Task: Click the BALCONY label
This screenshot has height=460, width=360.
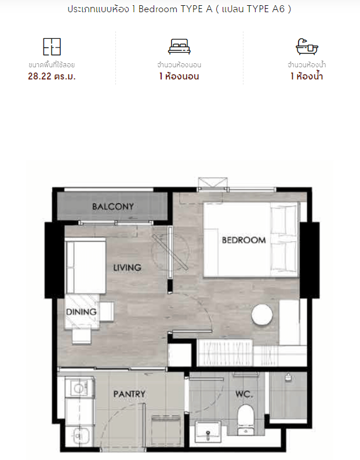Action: pyautogui.click(x=113, y=207)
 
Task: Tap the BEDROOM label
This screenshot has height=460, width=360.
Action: pyautogui.click(x=244, y=240)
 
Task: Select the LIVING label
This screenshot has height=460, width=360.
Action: pyautogui.click(x=127, y=267)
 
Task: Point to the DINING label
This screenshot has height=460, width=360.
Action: pyautogui.click(x=81, y=312)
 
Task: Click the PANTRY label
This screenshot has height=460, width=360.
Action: pyautogui.click(x=129, y=394)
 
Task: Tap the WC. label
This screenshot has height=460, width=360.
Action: pyautogui.click(x=244, y=394)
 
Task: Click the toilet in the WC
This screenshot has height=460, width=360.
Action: pyautogui.click(x=245, y=419)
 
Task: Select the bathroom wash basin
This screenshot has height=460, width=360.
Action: pyautogui.click(x=208, y=432)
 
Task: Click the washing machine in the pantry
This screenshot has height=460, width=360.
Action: pyautogui.click(x=79, y=388)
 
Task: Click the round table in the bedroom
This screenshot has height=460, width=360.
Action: pyautogui.click(x=262, y=314)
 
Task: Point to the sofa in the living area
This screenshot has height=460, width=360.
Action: pyautogui.click(x=85, y=266)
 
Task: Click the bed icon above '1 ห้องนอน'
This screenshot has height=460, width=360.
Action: pyautogui.click(x=179, y=46)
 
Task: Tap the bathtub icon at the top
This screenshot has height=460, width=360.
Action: pyautogui.click(x=307, y=46)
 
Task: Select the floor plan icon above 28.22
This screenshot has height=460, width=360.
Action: pyautogui.click(x=52, y=46)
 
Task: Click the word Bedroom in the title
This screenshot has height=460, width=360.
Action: pyautogui.click(x=158, y=9)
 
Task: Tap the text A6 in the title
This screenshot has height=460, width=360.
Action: pyautogui.click(x=278, y=9)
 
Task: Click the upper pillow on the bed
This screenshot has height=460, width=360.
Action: pyautogui.click(x=284, y=220)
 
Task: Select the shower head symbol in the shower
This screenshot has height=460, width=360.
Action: pyautogui.click(x=288, y=377)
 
